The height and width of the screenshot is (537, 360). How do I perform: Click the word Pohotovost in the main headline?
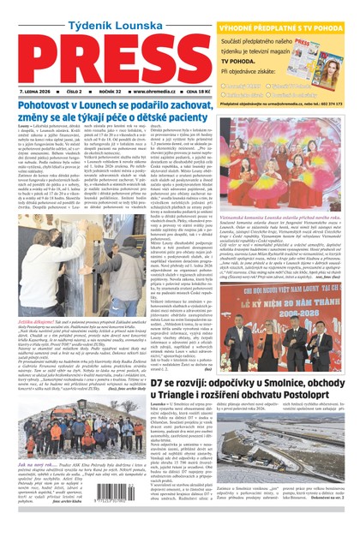tap(47, 107)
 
